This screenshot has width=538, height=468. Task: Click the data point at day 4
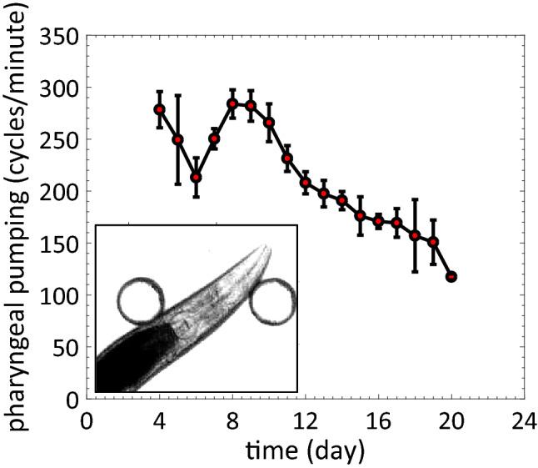(159, 109)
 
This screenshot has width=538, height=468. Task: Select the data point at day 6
(196, 177)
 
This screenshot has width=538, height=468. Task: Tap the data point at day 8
(232, 103)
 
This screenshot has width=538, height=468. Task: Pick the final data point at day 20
(451, 276)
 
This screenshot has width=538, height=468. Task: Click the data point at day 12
(306, 182)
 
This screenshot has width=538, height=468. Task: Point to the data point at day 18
(415, 235)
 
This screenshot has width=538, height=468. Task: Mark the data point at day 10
(269, 123)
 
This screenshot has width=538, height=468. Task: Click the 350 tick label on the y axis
(59, 38)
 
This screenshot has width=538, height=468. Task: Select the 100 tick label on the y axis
(59, 296)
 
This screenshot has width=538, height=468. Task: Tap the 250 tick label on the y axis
(59, 141)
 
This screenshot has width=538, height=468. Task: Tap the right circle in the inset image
(272, 302)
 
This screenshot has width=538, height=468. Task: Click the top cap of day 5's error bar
(177, 95)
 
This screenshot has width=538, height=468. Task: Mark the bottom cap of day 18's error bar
(415, 271)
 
